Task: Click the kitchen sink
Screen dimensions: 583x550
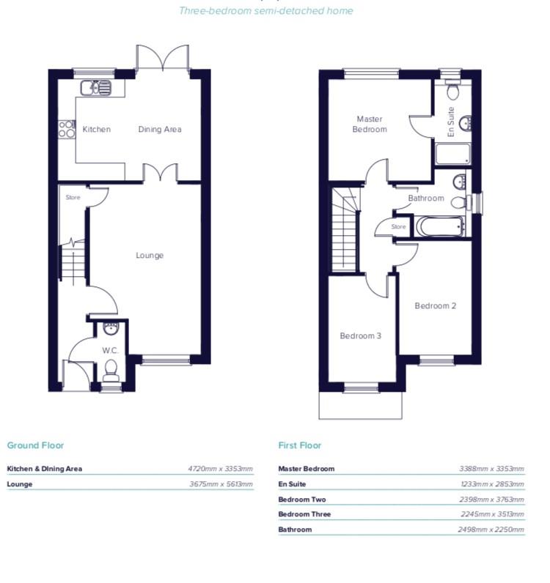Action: coord(96,89)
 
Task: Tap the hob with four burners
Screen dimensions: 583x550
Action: coord(67,130)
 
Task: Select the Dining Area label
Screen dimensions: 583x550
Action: coord(160,130)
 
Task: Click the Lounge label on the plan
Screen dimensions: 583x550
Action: coord(150,256)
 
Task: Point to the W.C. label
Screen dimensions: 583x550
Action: coord(111,350)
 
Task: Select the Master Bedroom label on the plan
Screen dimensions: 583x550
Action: coord(370,124)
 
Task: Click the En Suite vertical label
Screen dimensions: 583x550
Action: coord(451,122)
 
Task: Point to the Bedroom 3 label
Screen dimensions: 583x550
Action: coord(360,336)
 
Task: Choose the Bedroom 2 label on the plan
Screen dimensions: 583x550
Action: coord(436,305)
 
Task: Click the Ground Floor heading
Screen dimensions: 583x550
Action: coord(35,445)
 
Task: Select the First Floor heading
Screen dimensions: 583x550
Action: coord(299,445)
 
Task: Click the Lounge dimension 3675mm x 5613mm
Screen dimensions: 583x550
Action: coord(220,484)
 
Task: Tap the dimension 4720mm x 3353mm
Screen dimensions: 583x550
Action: coord(220,469)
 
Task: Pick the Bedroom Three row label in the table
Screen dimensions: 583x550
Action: coord(304,514)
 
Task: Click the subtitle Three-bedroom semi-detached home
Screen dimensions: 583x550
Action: coord(266,11)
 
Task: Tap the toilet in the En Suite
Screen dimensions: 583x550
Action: coord(452,91)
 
